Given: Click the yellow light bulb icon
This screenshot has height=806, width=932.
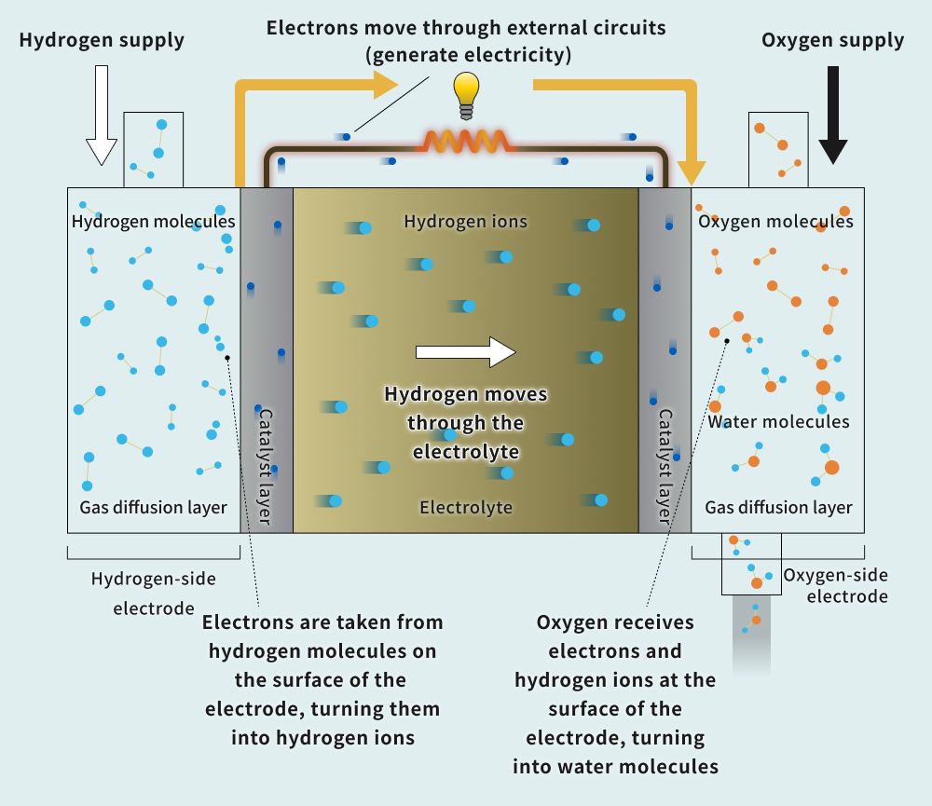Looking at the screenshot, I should (466, 94).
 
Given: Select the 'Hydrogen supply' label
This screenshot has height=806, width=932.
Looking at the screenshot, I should (102, 40).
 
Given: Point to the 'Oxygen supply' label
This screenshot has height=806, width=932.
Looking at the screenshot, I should (832, 40).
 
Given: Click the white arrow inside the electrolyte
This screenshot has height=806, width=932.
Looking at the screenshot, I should (465, 351).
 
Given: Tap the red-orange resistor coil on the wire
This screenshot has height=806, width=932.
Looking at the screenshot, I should (466, 142).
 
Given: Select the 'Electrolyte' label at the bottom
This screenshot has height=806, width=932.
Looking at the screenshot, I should (465, 508).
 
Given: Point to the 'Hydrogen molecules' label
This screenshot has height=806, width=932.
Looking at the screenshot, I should (153, 222).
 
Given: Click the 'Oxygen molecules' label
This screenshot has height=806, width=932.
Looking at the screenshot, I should (775, 222).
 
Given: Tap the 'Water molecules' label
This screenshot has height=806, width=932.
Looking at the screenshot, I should (778, 422).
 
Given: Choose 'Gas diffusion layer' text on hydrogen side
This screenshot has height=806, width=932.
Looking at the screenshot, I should (153, 508).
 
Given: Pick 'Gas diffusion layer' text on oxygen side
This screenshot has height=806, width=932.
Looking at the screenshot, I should (778, 508).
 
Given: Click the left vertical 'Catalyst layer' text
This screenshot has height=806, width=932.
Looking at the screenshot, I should (265, 466).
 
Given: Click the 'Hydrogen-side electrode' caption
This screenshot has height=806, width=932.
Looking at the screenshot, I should (153, 594).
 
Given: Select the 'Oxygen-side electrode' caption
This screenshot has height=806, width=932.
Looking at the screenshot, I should (835, 585).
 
